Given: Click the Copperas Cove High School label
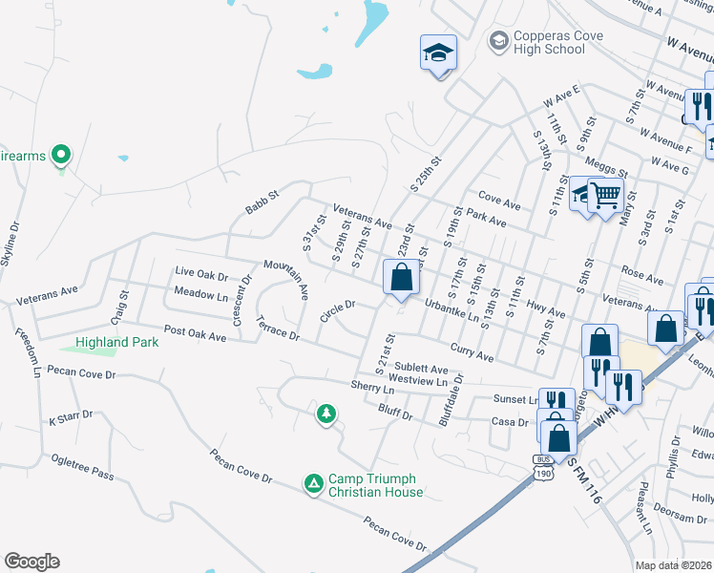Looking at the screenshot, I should [548, 42].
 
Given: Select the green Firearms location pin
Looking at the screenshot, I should [61, 153].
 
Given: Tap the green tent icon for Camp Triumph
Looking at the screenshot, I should [312, 484].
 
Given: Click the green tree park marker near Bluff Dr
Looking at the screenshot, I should [326, 413].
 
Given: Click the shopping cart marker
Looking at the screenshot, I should [605, 197].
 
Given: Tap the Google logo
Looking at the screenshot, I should [31, 562].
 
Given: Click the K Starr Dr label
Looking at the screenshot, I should [71, 415].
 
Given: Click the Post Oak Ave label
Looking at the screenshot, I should [195, 333].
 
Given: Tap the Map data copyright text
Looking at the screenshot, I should [674, 565].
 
